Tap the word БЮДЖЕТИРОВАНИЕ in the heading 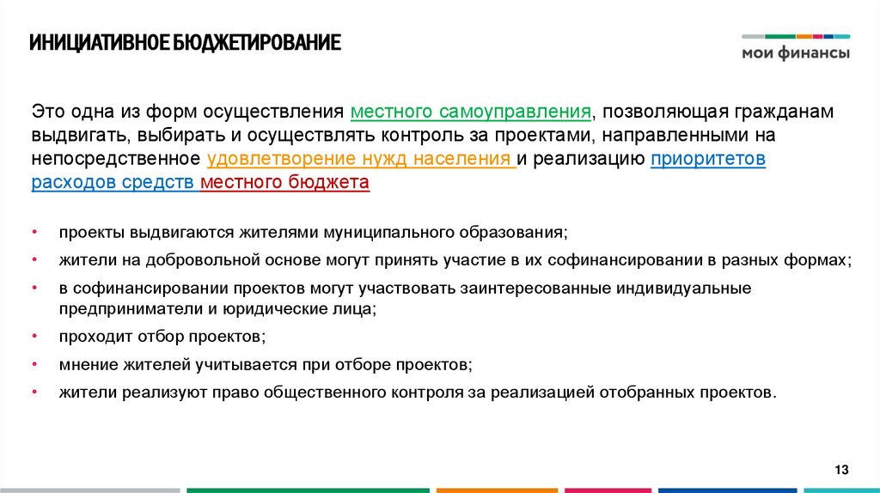259,43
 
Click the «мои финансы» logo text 796,53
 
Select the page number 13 841,469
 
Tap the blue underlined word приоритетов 708,159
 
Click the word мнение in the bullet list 84,364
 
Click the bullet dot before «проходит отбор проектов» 35,336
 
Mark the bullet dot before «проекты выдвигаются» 35,233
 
